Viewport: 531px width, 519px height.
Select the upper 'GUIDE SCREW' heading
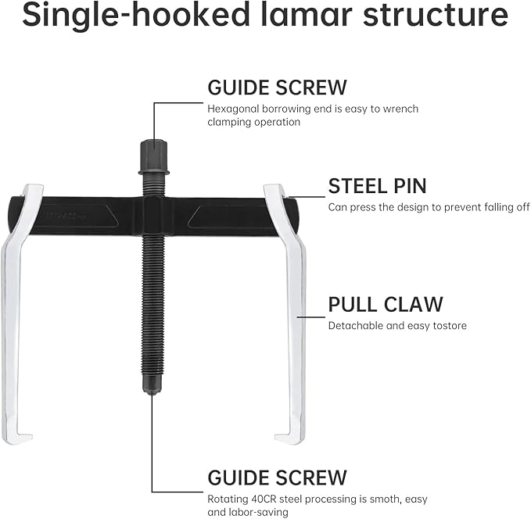[x=277, y=87]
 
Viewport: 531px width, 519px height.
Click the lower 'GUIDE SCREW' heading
[x=277, y=477]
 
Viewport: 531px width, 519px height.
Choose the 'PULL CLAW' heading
[x=386, y=304]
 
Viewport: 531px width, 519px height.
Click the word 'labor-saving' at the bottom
[x=258, y=512]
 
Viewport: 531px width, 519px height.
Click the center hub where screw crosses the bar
[x=152, y=213]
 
